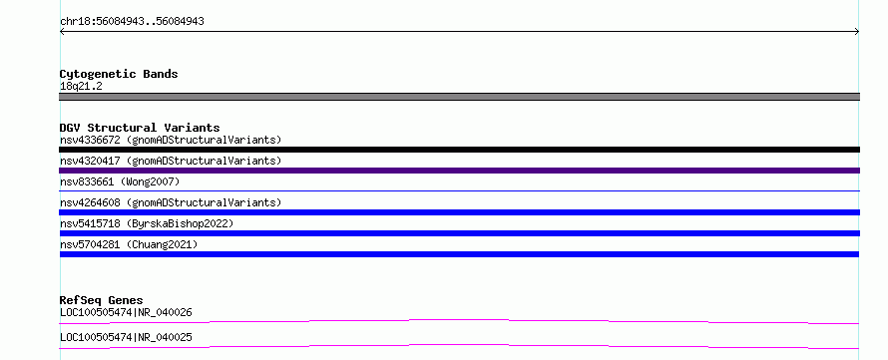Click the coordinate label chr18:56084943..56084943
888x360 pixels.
coord(132,22)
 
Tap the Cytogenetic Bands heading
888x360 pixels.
coord(119,74)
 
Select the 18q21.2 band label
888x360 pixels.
coord(81,87)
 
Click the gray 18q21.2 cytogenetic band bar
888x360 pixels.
coord(459,97)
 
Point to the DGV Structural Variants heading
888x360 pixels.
coord(140,128)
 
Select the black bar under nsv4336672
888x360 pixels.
coord(459,150)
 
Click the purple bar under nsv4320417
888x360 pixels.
coord(459,171)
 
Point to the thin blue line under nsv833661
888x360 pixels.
coord(459,190)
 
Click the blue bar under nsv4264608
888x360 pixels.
coord(459,212)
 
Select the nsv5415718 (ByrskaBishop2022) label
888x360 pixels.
coord(147,223)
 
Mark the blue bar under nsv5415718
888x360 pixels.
coord(459,233)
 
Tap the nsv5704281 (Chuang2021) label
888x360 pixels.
coord(129,244)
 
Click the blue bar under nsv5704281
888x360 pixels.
coord(459,254)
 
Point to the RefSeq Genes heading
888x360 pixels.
coord(101,300)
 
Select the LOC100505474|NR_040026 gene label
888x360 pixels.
coord(126,312)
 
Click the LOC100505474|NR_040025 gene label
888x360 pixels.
coord(126,337)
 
